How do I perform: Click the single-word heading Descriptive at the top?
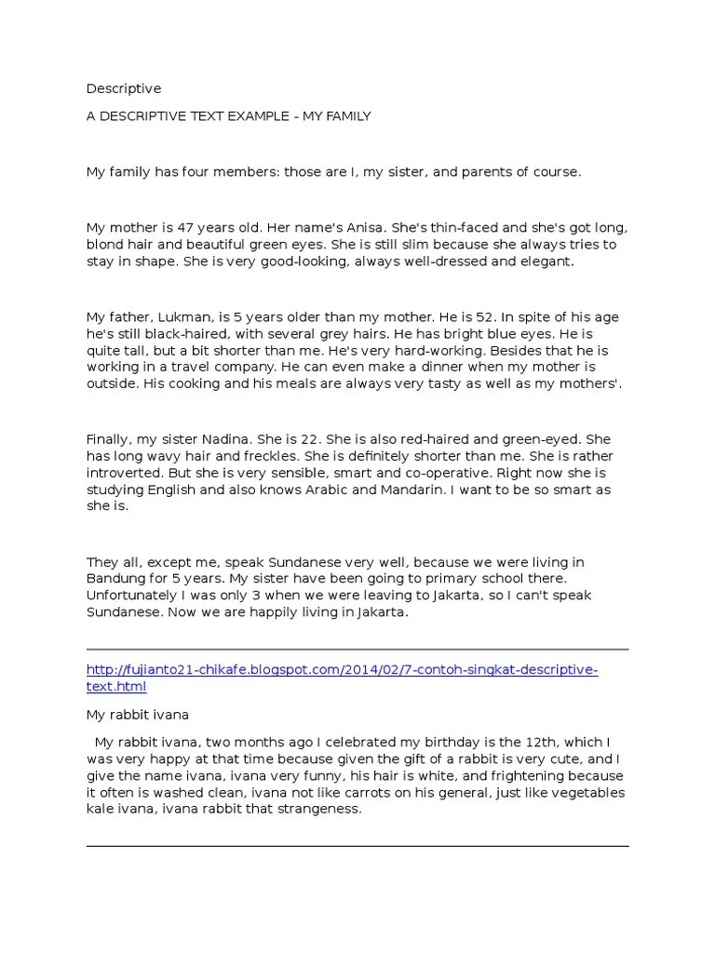(124, 89)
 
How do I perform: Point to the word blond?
(104, 246)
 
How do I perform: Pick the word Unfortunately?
(136, 597)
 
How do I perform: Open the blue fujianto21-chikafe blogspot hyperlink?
(342, 670)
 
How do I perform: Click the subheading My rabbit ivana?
(138, 715)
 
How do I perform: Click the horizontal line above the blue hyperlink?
(357, 650)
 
